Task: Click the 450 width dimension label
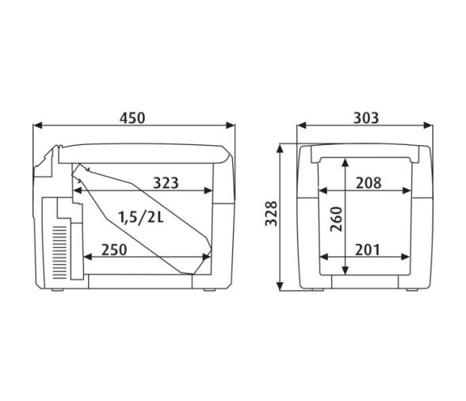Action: pos(132,118)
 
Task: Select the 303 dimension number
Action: pos(366,118)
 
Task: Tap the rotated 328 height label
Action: pos(271,214)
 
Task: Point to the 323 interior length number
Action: pos(166,183)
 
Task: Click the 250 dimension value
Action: pos(114,250)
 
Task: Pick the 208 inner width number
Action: pos(369,183)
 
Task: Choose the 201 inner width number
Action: pos(368,250)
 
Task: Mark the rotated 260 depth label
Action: pos(337,219)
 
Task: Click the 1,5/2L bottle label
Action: pos(141,217)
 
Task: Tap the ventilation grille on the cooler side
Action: pos(59,253)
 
